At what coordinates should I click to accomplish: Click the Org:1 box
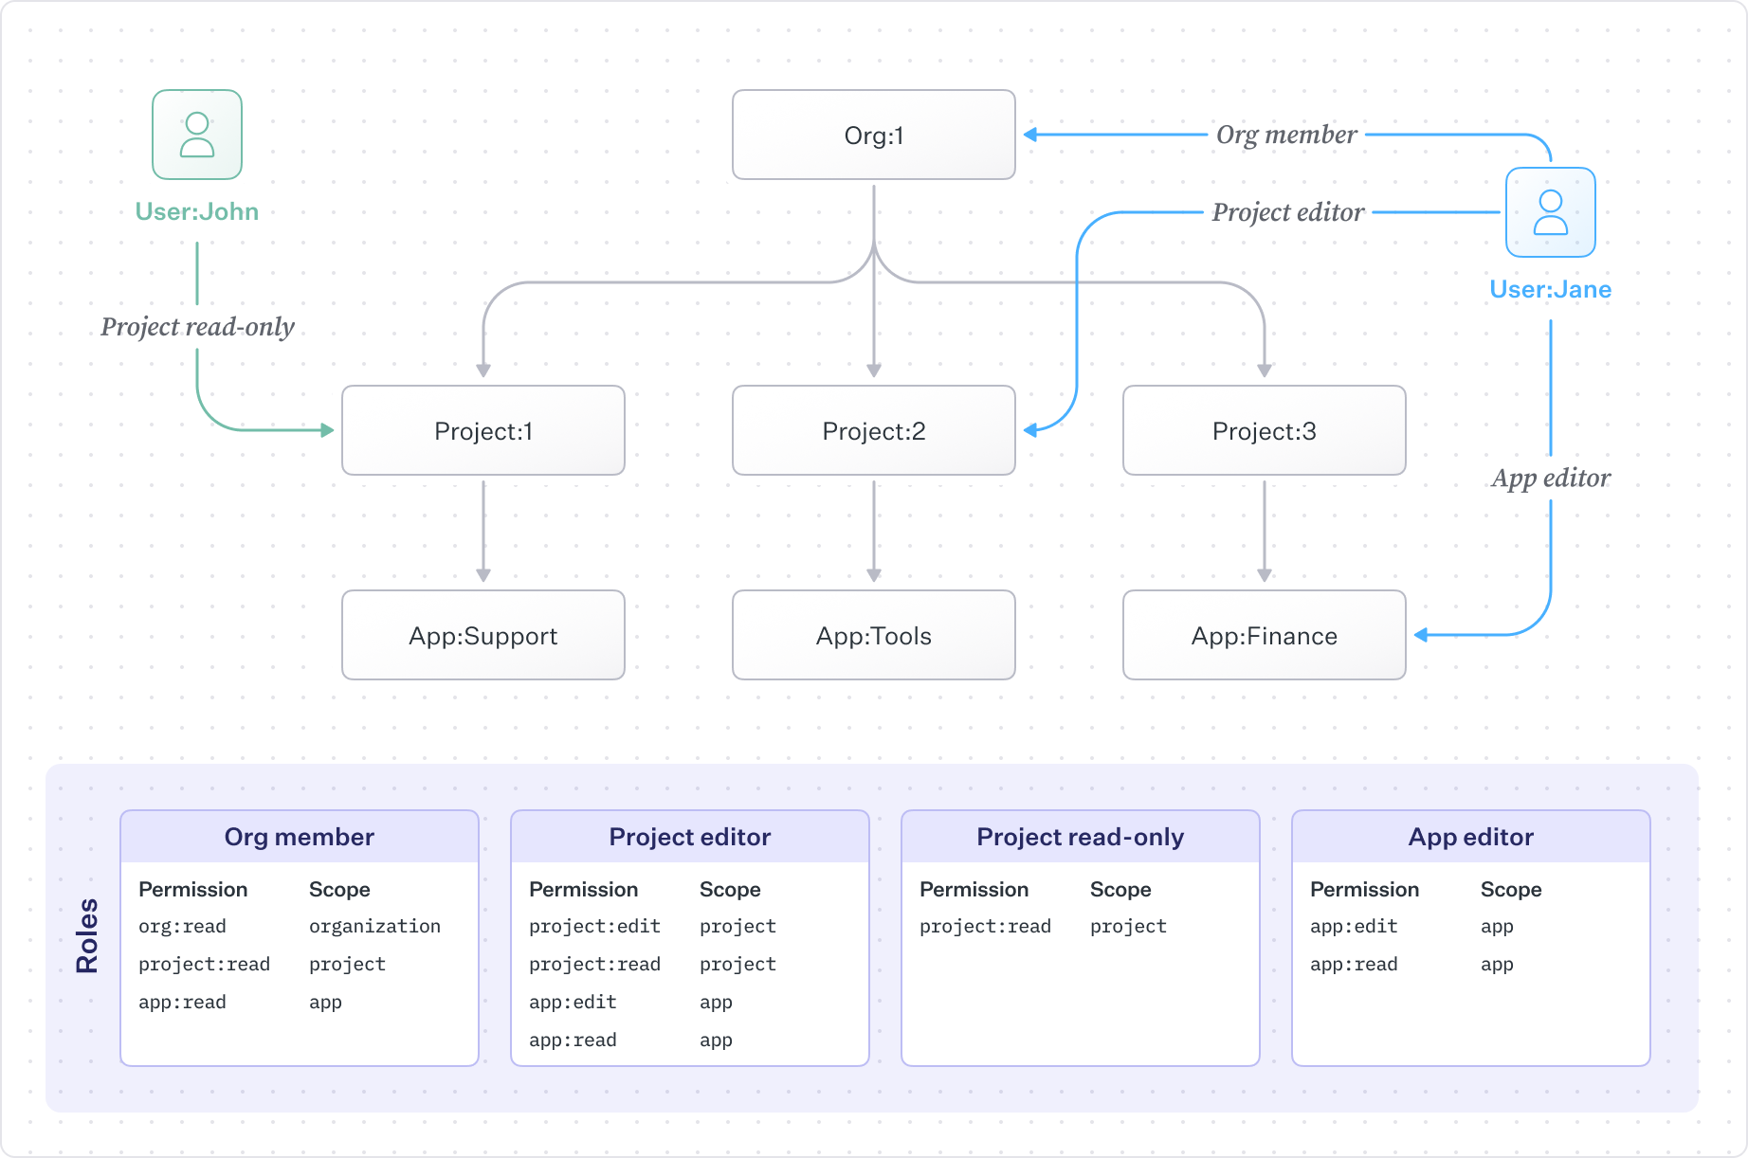873,135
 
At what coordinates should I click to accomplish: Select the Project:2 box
873,430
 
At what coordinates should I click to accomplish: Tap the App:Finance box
1264,635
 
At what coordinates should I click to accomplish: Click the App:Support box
483,635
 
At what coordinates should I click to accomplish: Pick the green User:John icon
197,135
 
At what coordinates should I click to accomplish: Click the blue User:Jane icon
1550,212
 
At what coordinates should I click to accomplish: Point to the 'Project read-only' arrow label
197,327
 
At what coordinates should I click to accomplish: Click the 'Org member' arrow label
1286,135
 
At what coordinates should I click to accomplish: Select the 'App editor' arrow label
1550,478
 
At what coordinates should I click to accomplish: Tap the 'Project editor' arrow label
1287,212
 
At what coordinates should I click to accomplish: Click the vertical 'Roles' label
87,935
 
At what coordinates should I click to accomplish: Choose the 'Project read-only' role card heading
1080,837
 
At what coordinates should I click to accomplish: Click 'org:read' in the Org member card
182,926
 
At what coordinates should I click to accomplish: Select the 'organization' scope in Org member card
374,926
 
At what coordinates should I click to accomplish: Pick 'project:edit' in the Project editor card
594,926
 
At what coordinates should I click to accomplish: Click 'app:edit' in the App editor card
1353,926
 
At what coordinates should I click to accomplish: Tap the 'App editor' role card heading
1470,837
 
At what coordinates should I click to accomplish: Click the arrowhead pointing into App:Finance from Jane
1421,635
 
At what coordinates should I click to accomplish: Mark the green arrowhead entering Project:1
327,430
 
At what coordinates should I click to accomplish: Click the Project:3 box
1264,430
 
